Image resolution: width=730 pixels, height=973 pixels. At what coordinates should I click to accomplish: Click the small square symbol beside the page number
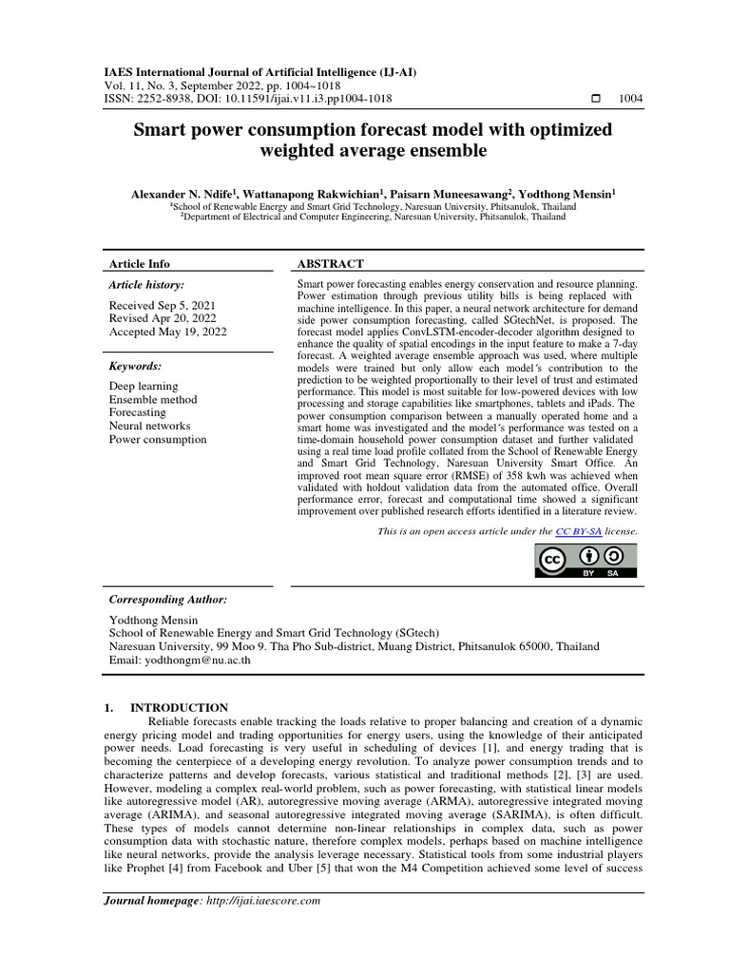596,99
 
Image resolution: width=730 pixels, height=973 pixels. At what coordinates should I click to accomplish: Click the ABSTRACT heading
331,263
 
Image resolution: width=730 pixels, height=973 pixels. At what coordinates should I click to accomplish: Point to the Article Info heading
140,263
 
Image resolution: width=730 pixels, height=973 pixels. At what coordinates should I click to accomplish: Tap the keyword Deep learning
144,387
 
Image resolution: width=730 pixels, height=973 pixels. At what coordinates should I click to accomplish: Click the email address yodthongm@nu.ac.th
194,661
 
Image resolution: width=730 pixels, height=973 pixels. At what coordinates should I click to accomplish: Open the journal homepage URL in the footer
263,900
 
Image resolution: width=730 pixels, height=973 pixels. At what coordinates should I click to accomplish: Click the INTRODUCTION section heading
179,708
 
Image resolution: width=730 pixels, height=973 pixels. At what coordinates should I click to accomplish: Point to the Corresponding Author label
168,601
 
